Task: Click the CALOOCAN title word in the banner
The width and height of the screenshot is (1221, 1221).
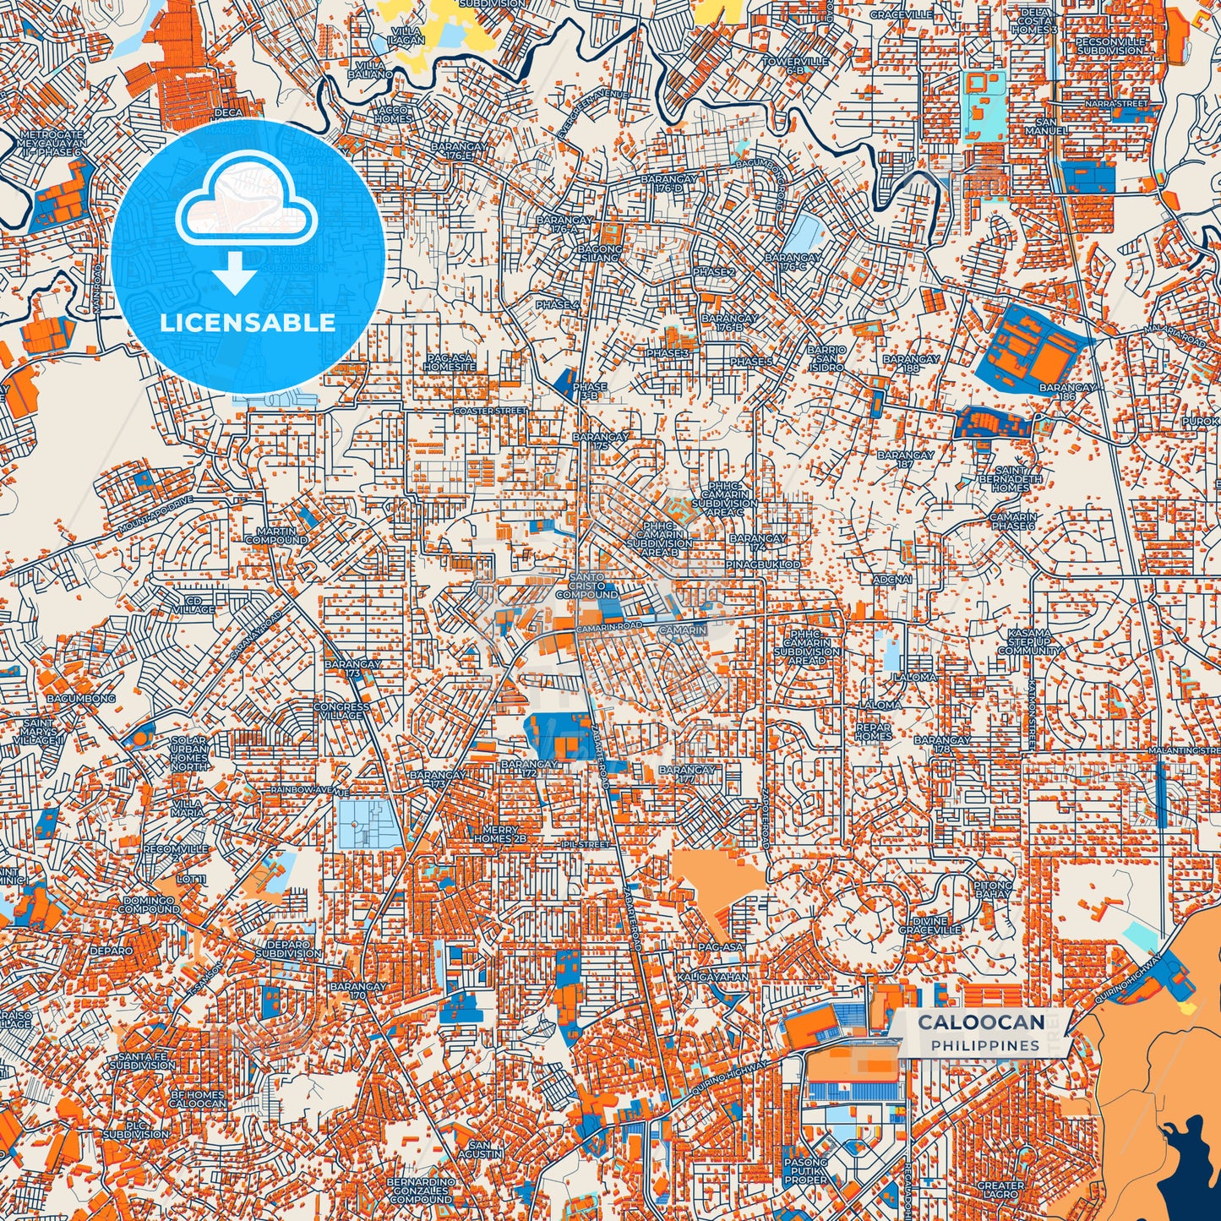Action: (981, 1022)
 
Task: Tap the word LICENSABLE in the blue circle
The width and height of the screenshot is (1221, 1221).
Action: (248, 323)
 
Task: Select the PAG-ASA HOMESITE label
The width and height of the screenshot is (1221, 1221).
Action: (450, 363)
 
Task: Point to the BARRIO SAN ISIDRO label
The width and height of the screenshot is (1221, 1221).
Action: (826, 358)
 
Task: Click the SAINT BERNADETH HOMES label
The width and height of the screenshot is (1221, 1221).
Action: (1010, 479)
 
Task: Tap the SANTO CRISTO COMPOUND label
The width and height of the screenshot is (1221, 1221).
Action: (586, 586)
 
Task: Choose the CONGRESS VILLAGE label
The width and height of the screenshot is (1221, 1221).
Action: (341, 711)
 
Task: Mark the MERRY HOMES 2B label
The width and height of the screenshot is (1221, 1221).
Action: (499, 835)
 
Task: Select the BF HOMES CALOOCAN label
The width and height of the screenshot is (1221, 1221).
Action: (198, 1098)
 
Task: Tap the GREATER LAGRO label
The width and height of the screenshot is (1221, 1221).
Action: (1000, 1190)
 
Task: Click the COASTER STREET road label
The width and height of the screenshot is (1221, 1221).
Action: (490, 411)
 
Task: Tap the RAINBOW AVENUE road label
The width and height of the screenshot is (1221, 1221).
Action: (309, 789)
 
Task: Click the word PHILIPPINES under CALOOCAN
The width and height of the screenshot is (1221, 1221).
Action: (985, 1046)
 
